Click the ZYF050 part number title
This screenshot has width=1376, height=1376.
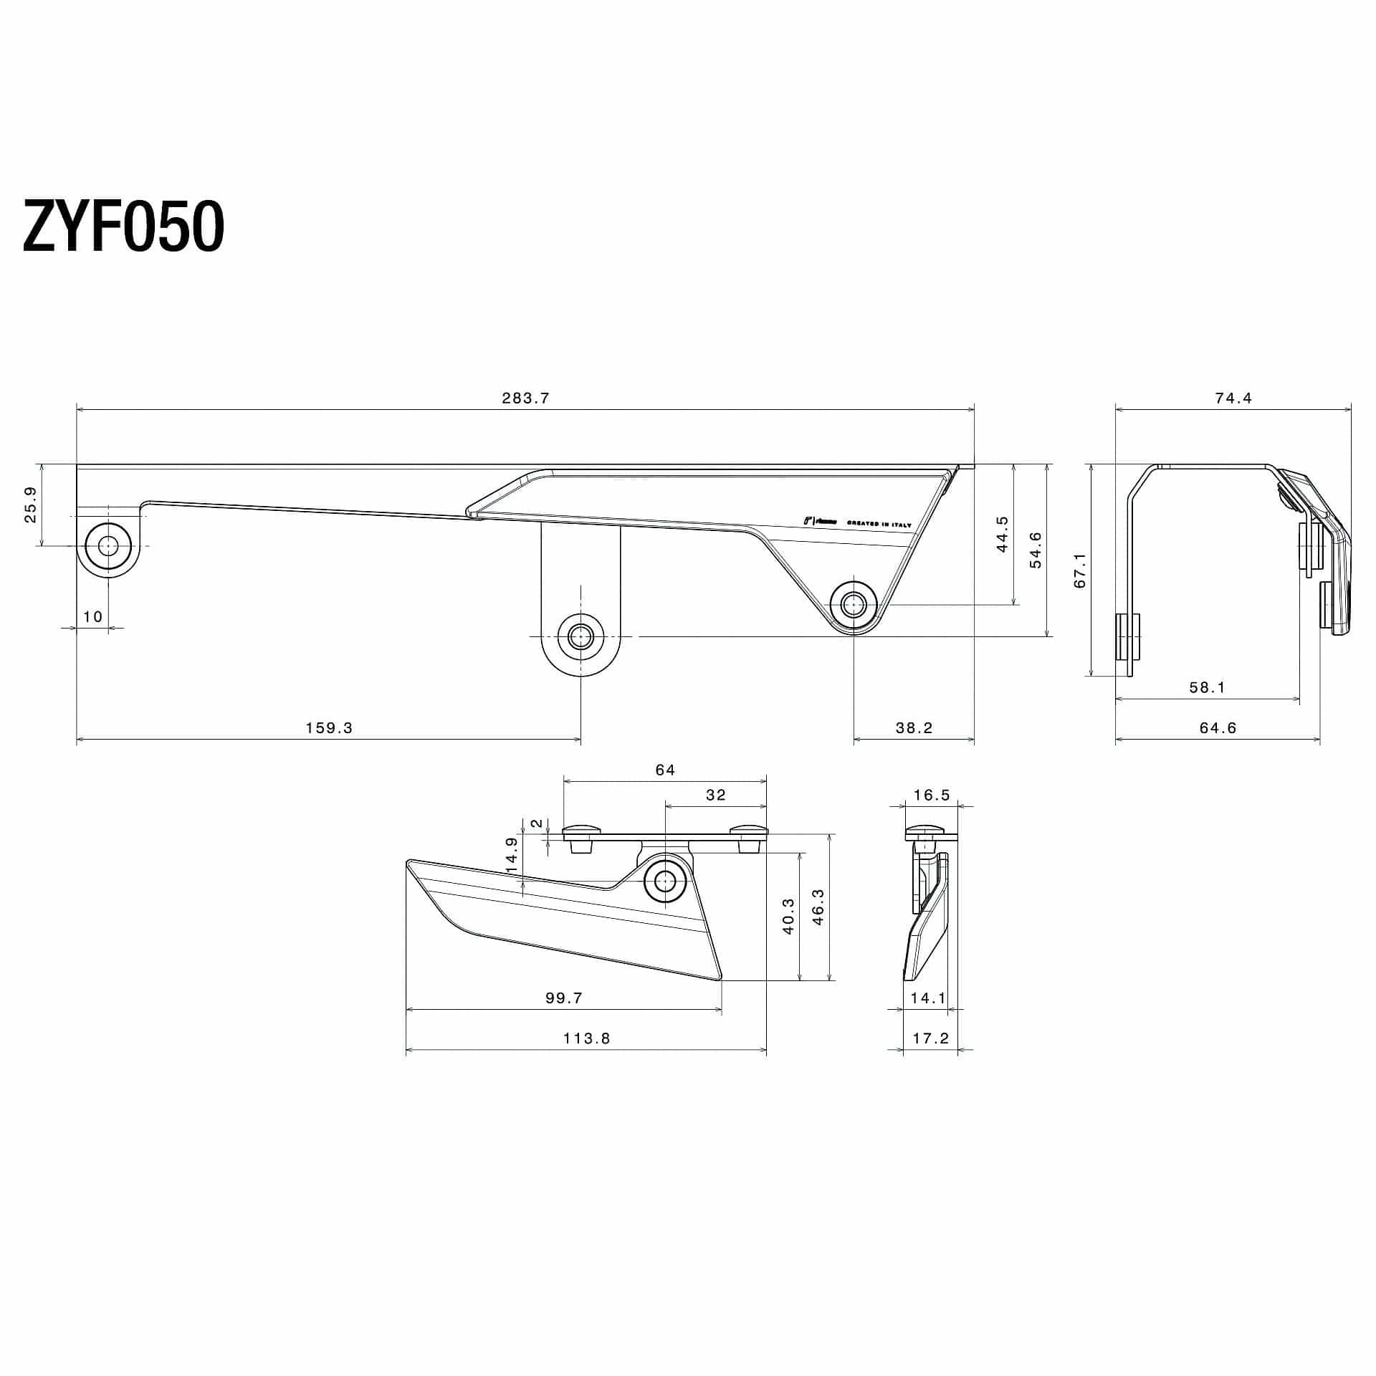click(x=123, y=226)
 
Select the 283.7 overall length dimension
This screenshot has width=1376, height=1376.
click(x=525, y=398)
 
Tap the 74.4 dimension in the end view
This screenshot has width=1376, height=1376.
click(x=1233, y=398)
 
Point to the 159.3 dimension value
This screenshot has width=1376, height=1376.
click(x=329, y=728)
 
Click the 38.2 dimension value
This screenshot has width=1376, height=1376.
click(x=914, y=728)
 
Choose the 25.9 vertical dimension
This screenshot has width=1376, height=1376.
click(x=31, y=505)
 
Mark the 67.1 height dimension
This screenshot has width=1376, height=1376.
click(x=1080, y=570)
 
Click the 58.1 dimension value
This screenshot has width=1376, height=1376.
click(x=1207, y=687)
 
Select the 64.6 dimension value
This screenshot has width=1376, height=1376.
click(x=1218, y=728)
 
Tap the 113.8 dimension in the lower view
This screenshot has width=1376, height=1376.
click(x=586, y=1038)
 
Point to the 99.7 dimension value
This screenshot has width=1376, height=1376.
click(x=563, y=998)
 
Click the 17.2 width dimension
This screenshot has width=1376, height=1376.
click(x=931, y=1038)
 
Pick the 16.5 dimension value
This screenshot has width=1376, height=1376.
click(x=932, y=795)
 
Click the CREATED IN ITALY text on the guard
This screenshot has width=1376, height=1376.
click(x=879, y=524)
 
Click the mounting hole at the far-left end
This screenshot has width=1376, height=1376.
click(x=108, y=546)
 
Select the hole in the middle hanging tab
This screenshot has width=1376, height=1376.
click(x=580, y=636)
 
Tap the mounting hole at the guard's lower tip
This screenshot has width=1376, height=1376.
click(x=853, y=604)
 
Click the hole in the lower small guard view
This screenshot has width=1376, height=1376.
click(x=665, y=879)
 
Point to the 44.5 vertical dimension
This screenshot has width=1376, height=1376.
click(x=1003, y=534)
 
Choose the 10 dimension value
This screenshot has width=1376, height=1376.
click(x=92, y=616)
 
